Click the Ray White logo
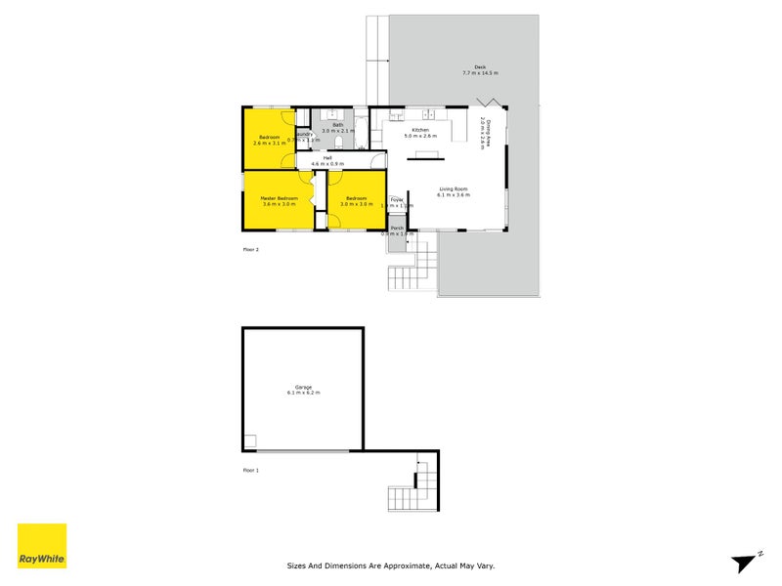click(42, 546)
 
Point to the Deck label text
click(480, 68)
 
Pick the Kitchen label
click(420, 130)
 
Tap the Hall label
click(328, 158)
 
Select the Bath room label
click(338, 125)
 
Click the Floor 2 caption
click(251, 250)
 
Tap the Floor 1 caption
click(251, 471)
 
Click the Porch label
click(397, 229)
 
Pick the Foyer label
click(397, 200)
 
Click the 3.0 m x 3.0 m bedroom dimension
click(352, 204)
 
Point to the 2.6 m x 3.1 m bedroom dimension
click(269, 144)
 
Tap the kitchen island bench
click(425, 152)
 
